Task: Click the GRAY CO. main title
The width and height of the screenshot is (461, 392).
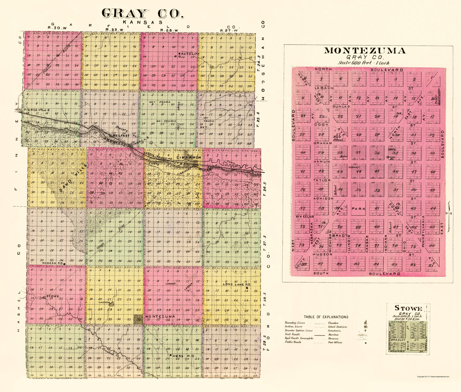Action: coord(143,13)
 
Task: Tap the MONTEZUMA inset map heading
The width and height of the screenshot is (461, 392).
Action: coord(365,51)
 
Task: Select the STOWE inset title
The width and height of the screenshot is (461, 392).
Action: coord(408,308)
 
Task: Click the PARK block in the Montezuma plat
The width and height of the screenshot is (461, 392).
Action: coord(358,209)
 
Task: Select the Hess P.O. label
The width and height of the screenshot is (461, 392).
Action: coord(183,355)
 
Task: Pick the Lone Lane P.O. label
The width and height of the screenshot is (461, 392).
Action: coord(236,284)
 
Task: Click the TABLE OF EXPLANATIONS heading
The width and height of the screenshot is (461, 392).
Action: coord(326,317)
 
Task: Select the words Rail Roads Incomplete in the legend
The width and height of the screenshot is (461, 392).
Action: coord(299,338)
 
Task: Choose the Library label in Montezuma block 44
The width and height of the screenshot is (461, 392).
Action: coord(353,167)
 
